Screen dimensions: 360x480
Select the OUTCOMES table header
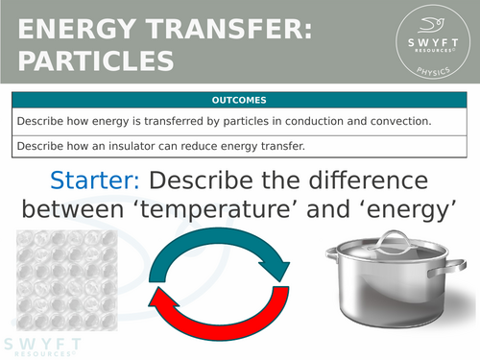point(240,100)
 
